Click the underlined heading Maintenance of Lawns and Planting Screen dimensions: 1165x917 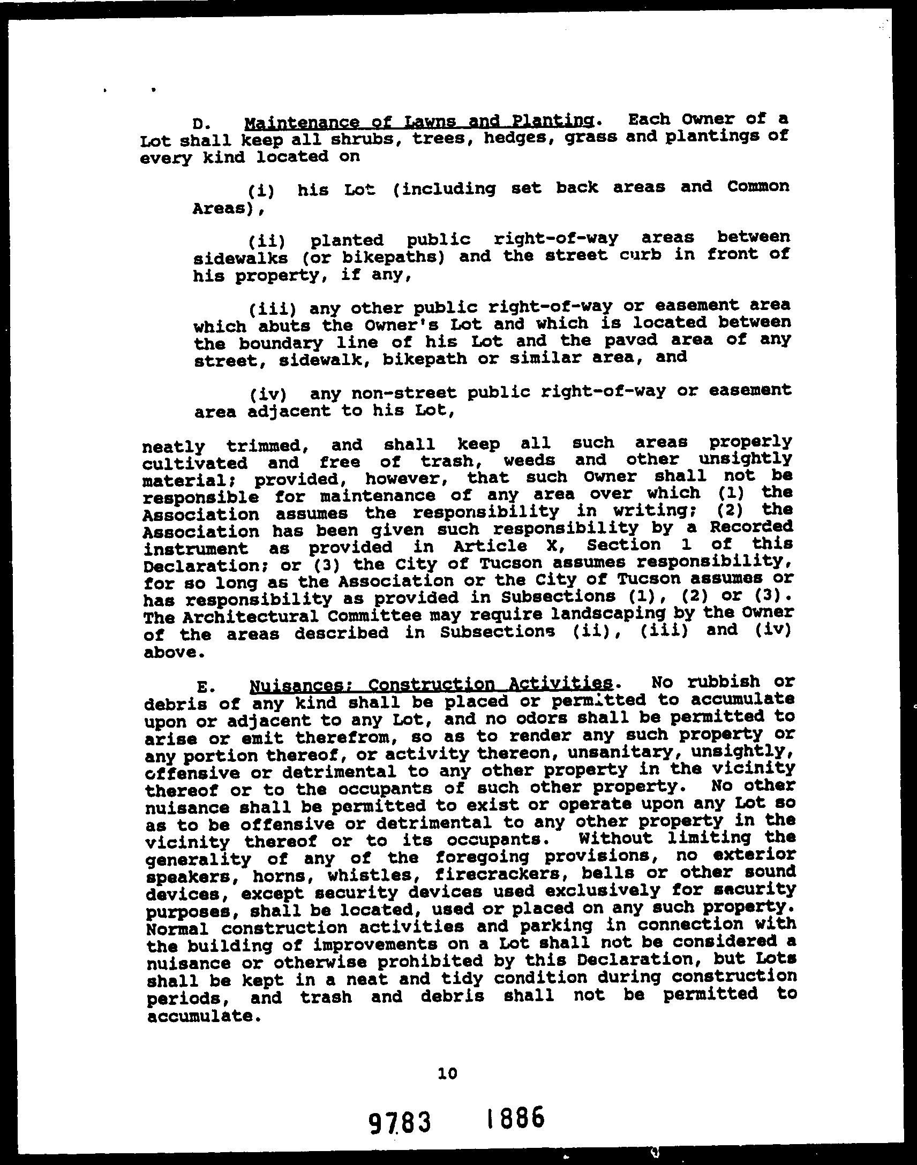pos(419,122)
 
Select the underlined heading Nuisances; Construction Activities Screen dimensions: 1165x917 pos(431,684)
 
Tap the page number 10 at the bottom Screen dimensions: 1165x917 pos(447,1073)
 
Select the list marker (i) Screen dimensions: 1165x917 pos(261,191)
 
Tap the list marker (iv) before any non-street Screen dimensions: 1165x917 pos(267,395)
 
